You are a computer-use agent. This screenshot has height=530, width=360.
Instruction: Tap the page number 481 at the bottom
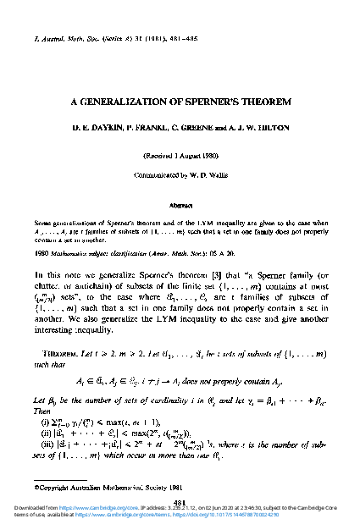[180, 500]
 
